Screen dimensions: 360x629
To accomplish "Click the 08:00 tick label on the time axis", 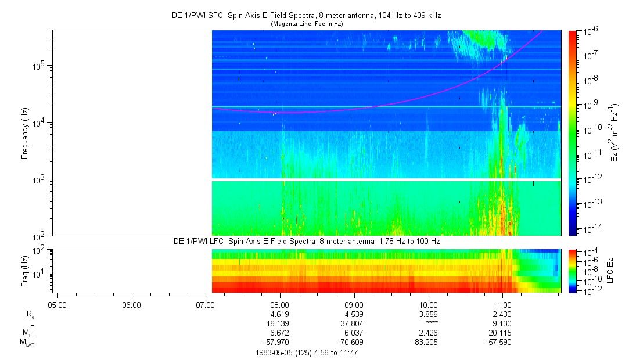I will (280, 304).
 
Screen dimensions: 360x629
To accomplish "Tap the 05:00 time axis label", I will (57, 304).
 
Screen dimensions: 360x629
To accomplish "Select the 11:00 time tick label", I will (502, 304).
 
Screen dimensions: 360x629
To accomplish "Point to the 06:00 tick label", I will (132, 304).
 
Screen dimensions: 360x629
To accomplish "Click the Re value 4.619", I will (280, 314).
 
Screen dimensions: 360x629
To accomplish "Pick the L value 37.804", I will (354, 323).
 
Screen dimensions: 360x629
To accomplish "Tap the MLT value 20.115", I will (502, 333).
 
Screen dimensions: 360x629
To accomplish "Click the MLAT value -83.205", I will (426, 342).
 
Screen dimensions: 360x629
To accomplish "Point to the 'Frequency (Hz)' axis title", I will (25, 133).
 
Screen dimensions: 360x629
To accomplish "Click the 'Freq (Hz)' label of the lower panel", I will (25, 271).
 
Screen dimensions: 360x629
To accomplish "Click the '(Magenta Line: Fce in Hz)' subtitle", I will (307, 24).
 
